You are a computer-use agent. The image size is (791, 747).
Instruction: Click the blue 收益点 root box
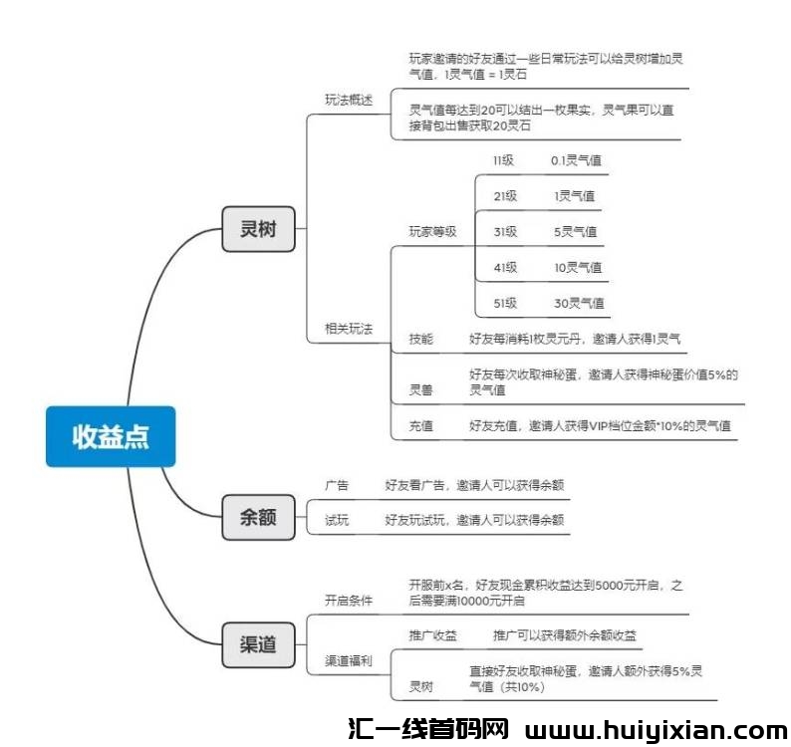point(111,436)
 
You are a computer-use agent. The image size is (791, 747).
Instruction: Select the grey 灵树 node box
point(258,229)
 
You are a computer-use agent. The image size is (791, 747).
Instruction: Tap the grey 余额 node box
point(258,517)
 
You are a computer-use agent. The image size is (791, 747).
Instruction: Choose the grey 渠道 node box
point(258,644)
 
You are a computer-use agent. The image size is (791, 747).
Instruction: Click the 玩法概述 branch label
point(349,100)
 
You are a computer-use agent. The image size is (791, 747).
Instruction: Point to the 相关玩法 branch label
point(349,329)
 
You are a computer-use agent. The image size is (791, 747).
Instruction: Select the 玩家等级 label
point(432,231)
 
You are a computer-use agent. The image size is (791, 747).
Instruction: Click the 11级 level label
point(503,160)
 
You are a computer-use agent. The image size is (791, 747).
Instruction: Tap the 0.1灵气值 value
point(576,160)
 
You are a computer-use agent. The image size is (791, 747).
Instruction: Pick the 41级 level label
point(505,267)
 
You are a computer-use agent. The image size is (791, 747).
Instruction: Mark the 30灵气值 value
point(579,303)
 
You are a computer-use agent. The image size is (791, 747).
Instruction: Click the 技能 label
point(421,339)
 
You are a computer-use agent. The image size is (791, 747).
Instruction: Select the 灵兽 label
point(421,389)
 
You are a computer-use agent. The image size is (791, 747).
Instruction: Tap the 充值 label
point(421,425)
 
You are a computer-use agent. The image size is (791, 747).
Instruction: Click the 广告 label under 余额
point(337,485)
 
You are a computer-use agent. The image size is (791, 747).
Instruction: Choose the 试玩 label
point(337,520)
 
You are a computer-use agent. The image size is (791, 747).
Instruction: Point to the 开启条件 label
point(349,601)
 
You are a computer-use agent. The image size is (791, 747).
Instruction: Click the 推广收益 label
point(432,635)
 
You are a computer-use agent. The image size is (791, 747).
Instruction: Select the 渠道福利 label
point(349,660)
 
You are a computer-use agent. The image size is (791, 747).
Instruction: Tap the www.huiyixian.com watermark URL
point(656,730)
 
